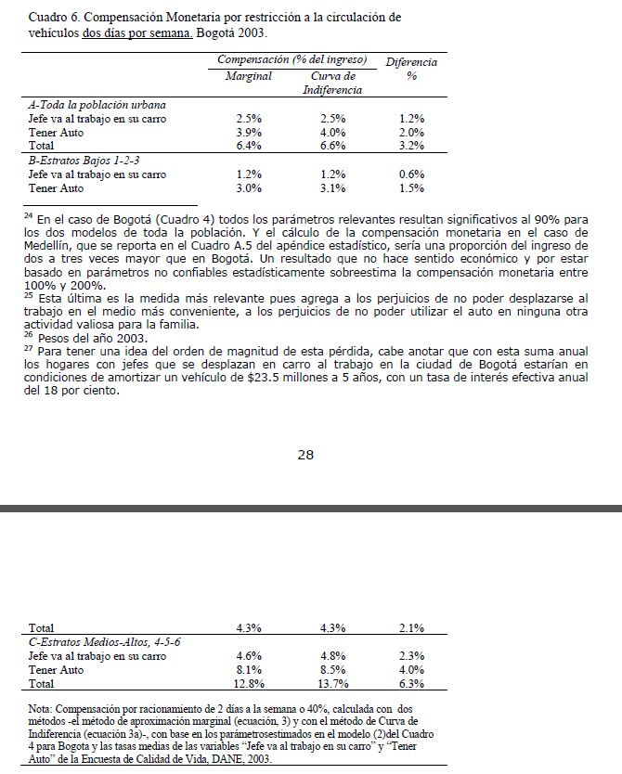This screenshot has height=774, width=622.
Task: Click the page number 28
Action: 306,455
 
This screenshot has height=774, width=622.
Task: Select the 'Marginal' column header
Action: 249,76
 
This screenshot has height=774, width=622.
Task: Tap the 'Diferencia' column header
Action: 411,62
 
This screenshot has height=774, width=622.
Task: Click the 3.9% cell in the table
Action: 249,133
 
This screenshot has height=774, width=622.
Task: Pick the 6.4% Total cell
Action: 249,146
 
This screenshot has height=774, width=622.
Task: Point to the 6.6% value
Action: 332,146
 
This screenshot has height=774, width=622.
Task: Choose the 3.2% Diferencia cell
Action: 411,146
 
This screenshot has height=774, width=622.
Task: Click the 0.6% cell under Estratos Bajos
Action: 411,174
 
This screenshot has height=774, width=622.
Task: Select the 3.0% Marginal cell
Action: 249,187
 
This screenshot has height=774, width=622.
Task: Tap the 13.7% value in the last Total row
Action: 332,684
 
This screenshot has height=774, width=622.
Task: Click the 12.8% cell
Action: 249,684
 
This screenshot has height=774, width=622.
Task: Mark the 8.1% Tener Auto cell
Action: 249,670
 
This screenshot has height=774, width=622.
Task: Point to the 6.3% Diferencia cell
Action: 411,684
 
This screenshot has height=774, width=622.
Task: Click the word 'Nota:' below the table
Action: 45,709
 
